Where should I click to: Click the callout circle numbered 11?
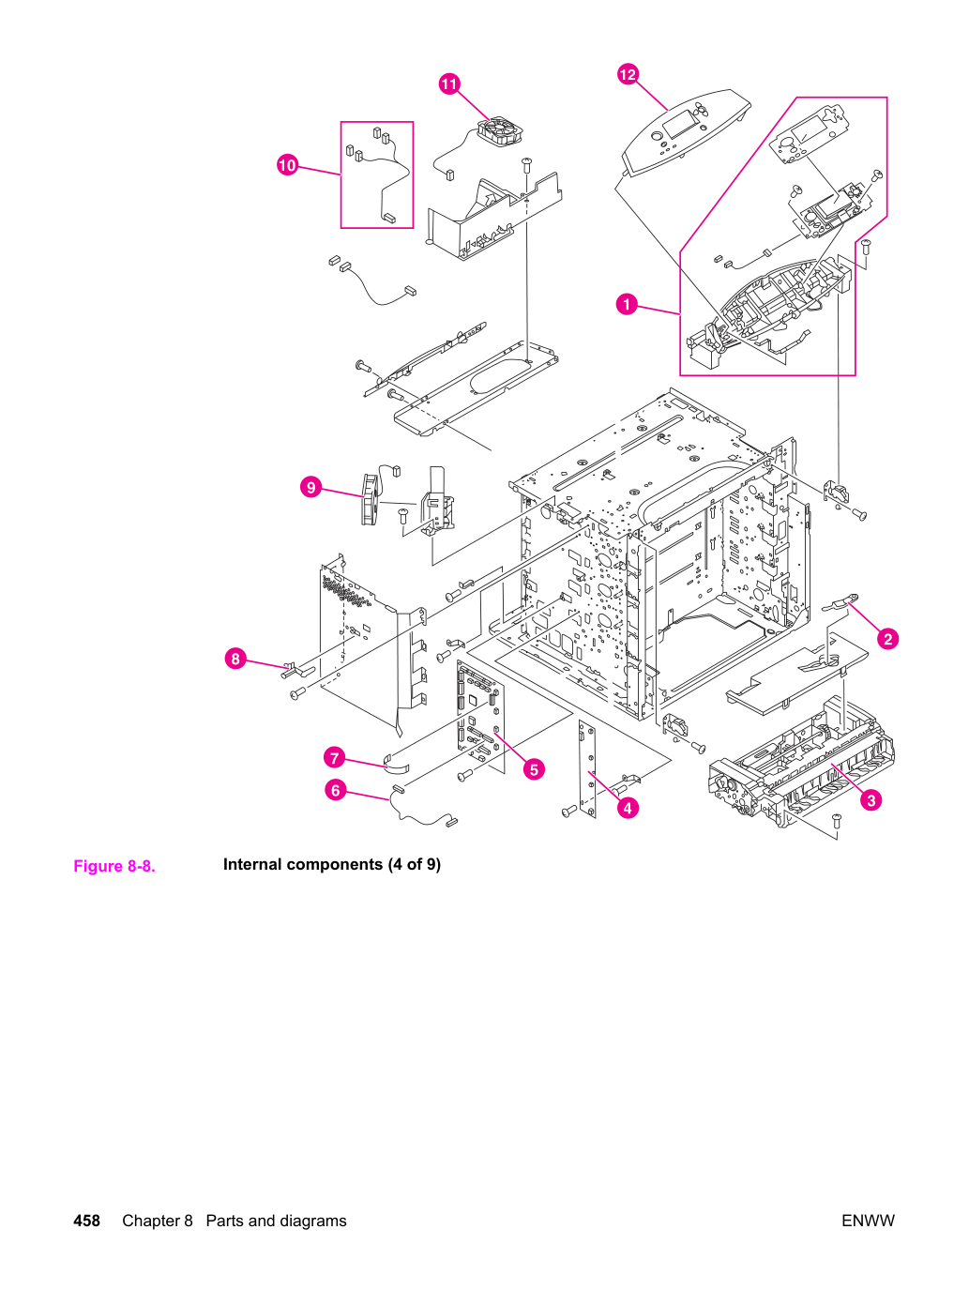point(449,83)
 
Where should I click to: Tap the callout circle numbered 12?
point(628,74)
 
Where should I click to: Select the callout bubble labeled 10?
point(287,164)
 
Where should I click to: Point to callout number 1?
point(627,304)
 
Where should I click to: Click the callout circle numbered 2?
point(888,639)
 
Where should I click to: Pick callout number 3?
point(871,800)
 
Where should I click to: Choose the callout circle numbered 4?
point(628,808)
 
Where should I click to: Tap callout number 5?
point(534,769)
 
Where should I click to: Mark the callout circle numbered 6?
point(336,790)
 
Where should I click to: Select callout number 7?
point(334,757)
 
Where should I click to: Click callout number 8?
point(235,659)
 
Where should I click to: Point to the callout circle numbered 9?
point(310,487)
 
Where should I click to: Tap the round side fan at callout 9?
point(370,499)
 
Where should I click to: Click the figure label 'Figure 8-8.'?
point(114,866)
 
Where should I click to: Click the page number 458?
point(86,1221)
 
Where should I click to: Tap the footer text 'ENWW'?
point(868,1221)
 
